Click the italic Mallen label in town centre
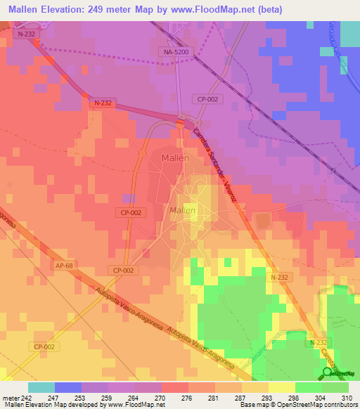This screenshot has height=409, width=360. (182, 210)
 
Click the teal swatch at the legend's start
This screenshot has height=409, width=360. (41, 387)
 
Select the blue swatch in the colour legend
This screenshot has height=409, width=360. (68, 387)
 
